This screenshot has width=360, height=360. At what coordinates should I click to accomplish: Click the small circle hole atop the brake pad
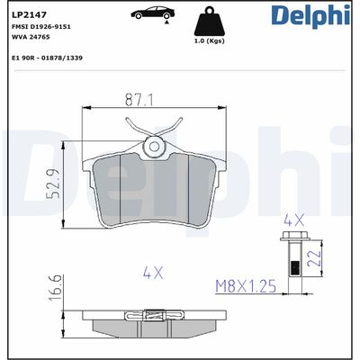pyautogui.click(x=154, y=146)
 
